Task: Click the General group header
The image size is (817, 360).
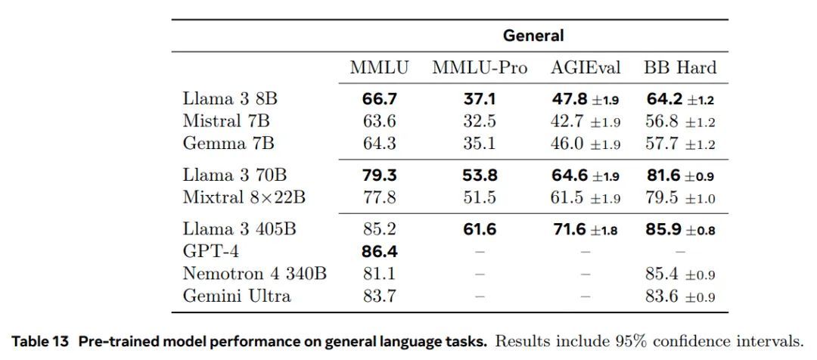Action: point(533,36)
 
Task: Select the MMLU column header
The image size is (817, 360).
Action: point(379,68)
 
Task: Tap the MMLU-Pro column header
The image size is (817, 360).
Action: point(479,68)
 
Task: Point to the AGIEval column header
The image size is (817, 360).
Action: point(585,68)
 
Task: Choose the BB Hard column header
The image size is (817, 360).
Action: point(680,68)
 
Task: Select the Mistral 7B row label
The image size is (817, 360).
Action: point(226,121)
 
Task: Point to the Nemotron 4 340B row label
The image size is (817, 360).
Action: point(254,273)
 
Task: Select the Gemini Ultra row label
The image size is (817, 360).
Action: point(237,295)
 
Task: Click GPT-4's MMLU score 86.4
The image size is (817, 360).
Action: point(379,251)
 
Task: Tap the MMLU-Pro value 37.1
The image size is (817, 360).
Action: point(479,99)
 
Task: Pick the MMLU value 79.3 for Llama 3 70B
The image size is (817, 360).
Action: point(379,175)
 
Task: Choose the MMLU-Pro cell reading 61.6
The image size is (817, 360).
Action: point(479,229)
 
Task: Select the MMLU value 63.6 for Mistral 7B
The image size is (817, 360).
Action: point(379,121)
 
